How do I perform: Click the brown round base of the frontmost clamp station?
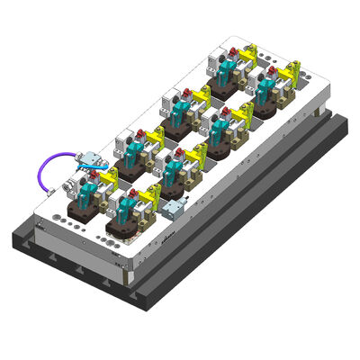pos(122,224)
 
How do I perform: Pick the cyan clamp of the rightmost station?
pos(269,86)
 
